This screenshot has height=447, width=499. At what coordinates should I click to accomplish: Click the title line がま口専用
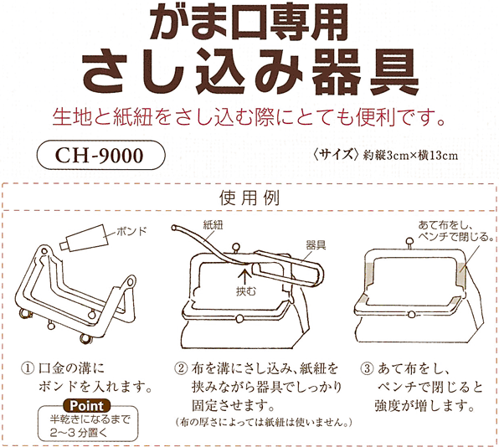[249, 23]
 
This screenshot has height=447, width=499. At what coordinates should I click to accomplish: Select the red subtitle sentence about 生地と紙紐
[249, 116]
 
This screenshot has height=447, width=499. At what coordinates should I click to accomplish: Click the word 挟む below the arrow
[244, 289]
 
